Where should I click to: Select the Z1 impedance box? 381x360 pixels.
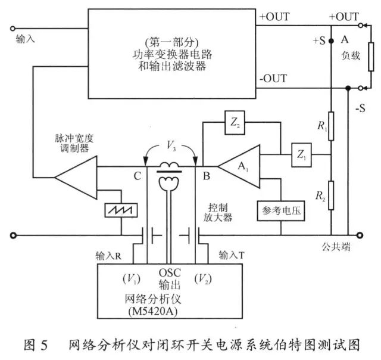pyautogui.click(x=301, y=156)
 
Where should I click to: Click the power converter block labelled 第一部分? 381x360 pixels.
pyautogui.click(x=173, y=54)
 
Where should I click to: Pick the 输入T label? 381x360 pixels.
pyautogui.click(x=233, y=255)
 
